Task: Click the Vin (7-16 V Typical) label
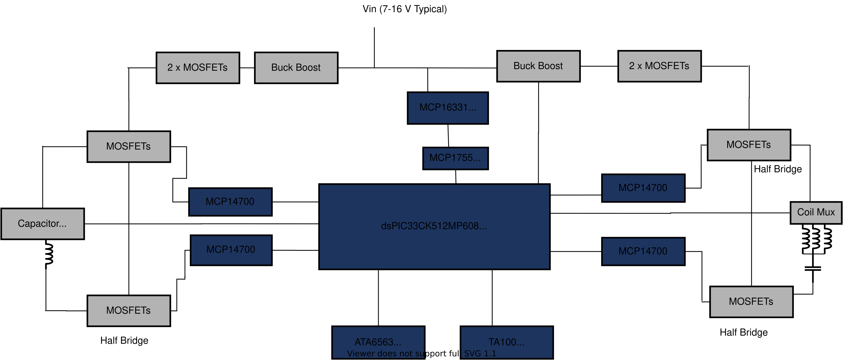tap(404, 9)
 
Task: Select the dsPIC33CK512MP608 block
tap(434, 227)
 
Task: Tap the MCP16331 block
tap(448, 108)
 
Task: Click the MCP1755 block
tap(455, 158)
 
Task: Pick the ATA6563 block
tap(378, 342)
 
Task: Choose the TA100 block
tap(506, 342)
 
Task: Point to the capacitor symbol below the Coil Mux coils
tap(813, 269)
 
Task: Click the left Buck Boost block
tap(296, 68)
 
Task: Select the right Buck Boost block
tap(538, 66)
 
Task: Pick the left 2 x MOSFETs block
tap(198, 68)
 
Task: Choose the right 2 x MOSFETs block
tap(659, 66)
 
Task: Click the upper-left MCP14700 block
tap(230, 202)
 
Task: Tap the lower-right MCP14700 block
tap(643, 251)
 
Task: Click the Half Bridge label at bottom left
tap(124, 340)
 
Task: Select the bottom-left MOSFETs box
tap(128, 311)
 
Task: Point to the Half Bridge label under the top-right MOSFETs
tap(777, 169)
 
